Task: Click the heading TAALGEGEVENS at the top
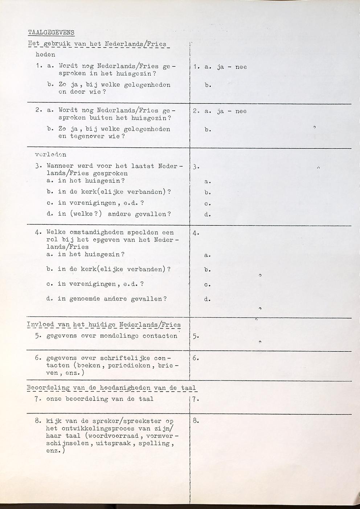point(51,32)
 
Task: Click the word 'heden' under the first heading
point(45,55)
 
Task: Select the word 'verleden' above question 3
point(50,155)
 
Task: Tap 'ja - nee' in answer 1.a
point(232,67)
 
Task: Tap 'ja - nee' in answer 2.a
point(232,111)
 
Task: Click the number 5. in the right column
point(196,336)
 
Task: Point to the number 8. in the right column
point(196,421)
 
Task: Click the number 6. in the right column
point(196,358)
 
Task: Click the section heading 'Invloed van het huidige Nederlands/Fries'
point(104,325)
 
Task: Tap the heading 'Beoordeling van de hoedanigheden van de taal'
point(111,388)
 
